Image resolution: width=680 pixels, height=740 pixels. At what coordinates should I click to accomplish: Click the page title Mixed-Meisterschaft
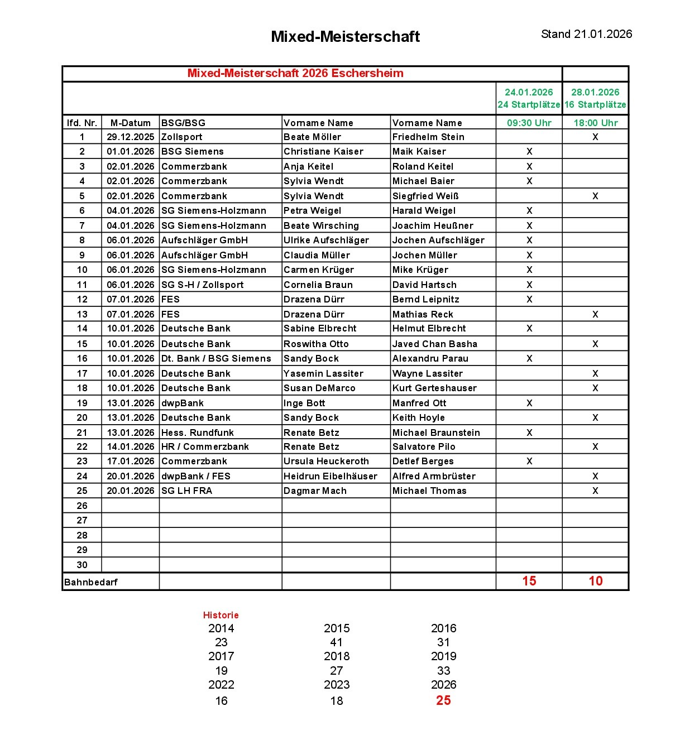coord(345,37)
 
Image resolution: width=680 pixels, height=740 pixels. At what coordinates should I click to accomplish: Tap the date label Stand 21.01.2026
coord(586,34)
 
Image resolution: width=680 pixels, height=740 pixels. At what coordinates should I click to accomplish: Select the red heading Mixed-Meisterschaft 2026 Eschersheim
coord(295,73)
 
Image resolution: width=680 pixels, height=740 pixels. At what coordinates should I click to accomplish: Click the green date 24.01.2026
coord(529,92)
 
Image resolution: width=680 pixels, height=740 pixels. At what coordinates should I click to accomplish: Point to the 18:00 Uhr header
coord(595,123)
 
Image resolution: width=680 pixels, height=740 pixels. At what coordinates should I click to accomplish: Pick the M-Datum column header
coord(130,123)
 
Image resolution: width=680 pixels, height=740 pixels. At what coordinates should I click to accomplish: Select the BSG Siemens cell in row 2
coord(193,151)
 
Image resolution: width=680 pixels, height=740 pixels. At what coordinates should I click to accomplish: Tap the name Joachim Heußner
coord(433,225)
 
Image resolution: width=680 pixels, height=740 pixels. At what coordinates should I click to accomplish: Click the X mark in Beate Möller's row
coord(595,137)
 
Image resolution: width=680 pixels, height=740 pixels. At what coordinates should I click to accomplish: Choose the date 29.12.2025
coord(130,137)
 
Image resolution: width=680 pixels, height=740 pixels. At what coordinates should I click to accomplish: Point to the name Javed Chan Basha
coord(434,344)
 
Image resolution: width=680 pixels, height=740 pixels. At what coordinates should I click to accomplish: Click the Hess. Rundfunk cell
coord(198,433)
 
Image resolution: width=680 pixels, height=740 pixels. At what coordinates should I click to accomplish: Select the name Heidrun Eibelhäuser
coord(330,476)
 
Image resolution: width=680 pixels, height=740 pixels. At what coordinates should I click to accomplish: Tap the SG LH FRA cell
coord(186,491)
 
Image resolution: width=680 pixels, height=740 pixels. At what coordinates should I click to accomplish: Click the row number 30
coord(82,565)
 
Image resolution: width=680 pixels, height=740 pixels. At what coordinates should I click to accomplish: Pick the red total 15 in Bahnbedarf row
coord(529,581)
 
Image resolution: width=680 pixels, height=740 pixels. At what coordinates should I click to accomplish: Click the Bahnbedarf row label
coord(91,582)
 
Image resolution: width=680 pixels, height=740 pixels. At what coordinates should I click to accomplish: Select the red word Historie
coord(221,615)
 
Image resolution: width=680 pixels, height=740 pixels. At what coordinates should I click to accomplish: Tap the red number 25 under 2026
coord(443,700)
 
